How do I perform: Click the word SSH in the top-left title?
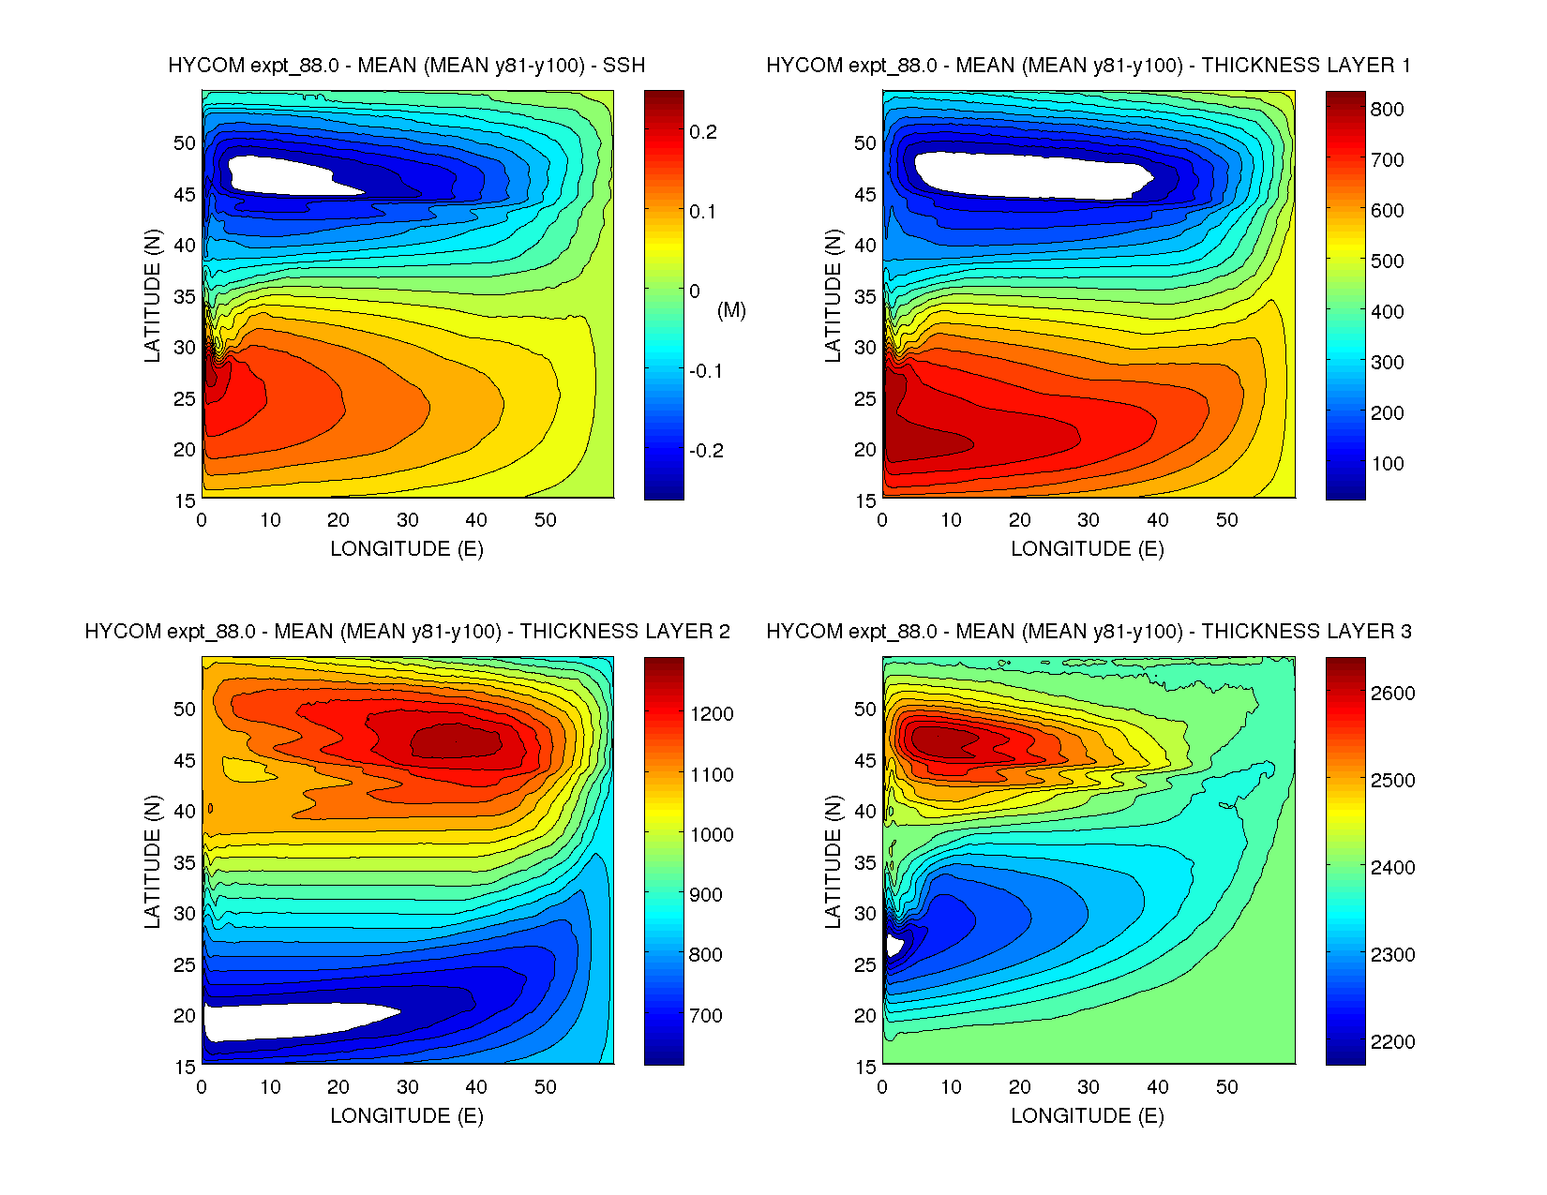coord(623,66)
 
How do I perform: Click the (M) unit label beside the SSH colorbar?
coord(731,309)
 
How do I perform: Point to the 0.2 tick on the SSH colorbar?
coord(703,132)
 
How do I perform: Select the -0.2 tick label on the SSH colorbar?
coord(706,451)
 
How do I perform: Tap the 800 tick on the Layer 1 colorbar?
coord(1387,109)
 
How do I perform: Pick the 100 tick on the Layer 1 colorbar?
coord(1387,463)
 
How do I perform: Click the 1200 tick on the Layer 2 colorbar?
coord(712,713)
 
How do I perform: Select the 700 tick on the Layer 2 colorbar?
coord(706,1015)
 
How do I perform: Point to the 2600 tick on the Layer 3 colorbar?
coord(1392,693)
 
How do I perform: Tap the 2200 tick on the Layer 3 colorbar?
coord(1392,1041)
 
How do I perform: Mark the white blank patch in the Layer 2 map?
coord(291,1021)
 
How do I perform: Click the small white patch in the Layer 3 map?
coord(894,945)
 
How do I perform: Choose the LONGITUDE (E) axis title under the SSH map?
coord(407,549)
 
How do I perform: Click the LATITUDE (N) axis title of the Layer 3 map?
coord(833,861)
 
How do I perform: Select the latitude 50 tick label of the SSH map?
coord(184,142)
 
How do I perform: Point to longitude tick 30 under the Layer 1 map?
coord(1089,520)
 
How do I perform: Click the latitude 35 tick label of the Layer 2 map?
coord(184,862)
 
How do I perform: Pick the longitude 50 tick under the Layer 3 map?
coord(1226,1087)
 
